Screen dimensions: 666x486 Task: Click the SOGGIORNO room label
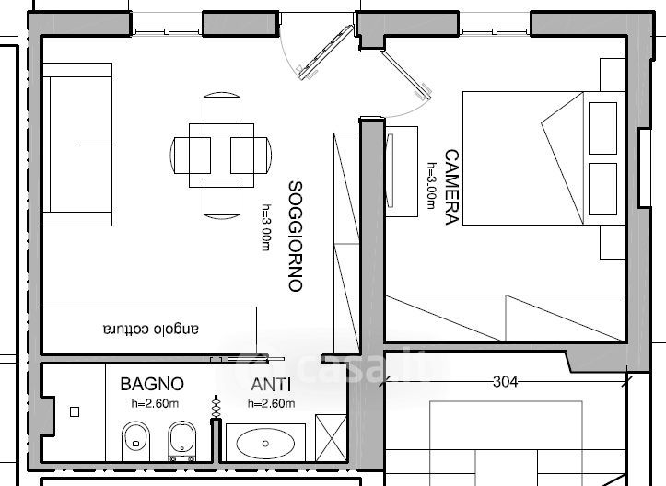[x=295, y=237]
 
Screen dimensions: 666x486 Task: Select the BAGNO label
[x=152, y=384]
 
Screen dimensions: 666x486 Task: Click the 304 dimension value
[x=506, y=380]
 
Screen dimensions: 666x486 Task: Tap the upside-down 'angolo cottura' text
[x=150, y=329]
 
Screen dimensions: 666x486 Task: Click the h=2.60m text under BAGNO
[x=153, y=403]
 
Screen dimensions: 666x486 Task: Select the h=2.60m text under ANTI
[x=272, y=403]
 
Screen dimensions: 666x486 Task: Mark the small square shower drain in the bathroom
[x=75, y=412]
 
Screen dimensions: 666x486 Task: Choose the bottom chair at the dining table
[x=221, y=195]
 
